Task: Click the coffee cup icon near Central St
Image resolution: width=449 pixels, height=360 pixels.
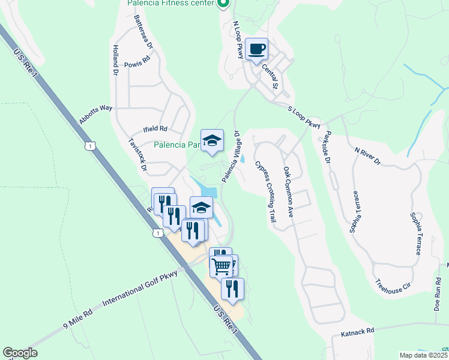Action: click(257, 49)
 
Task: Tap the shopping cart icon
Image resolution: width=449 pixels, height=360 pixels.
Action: click(221, 265)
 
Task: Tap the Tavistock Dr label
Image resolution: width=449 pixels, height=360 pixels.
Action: click(138, 155)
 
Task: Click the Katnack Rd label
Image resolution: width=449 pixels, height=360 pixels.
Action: click(357, 331)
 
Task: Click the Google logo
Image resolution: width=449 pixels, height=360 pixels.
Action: click(20, 353)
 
